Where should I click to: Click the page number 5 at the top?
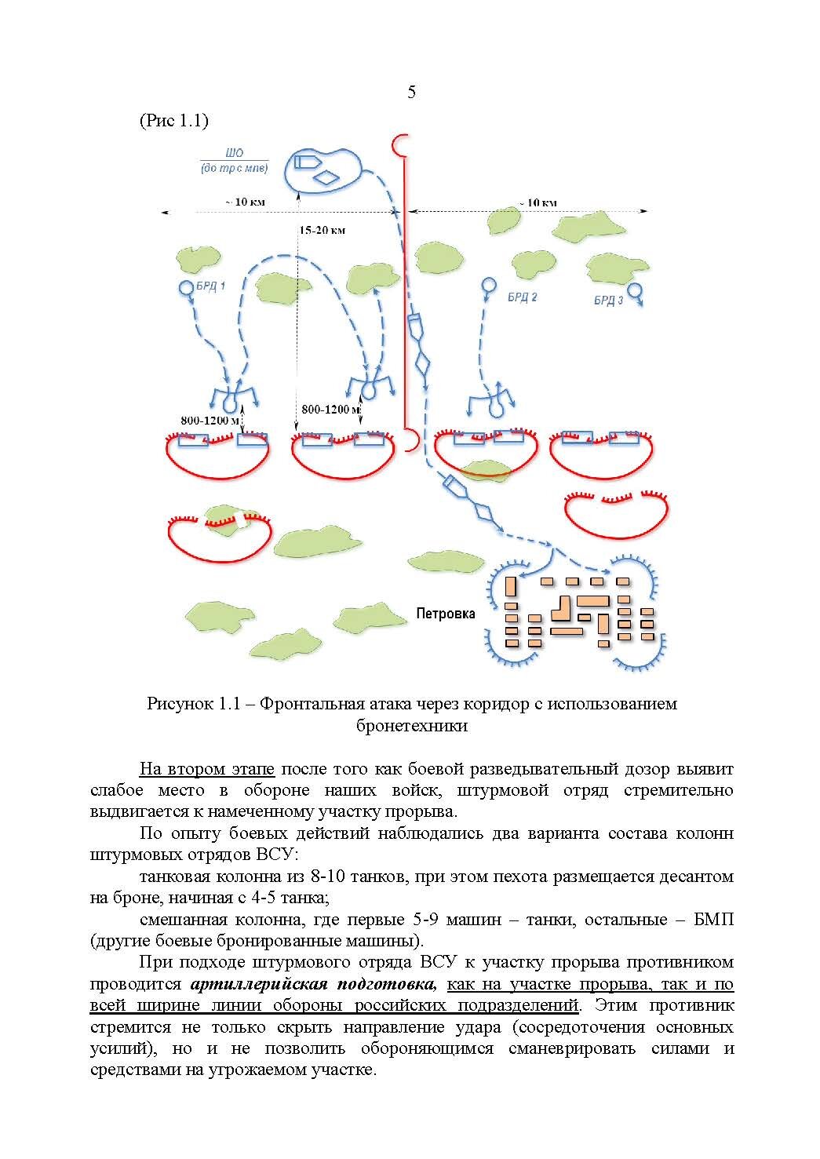coord(411,93)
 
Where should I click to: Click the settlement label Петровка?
coord(446,614)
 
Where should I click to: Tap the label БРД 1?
coord(212,286)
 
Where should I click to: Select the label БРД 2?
coord(522,297)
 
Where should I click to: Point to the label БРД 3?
coord(608,301)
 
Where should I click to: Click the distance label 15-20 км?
coord(322,231)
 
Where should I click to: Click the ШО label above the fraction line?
coord(234,154)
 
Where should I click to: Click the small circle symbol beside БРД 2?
coord(488,284)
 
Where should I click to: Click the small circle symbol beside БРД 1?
coord(186,288)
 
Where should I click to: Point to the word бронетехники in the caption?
coord(411,725)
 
